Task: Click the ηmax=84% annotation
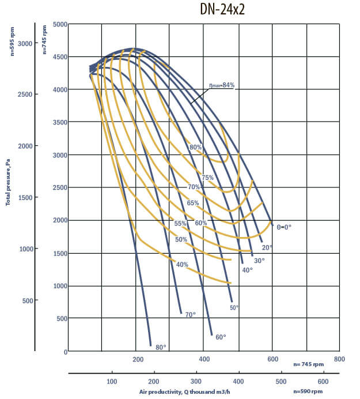(222, 85)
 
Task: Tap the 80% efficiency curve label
(195, 147)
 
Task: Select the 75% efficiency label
(207, 178)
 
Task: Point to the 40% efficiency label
(182, 265)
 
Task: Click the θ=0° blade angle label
(283, 227)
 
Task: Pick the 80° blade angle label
(161, 347)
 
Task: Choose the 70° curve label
(190, 314)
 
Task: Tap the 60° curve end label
(221, 337)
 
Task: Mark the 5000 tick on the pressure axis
(60, 24)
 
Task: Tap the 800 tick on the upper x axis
(339, 359)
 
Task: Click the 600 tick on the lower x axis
(323, 382)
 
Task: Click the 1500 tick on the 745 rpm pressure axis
(60, 254)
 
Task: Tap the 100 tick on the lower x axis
(112, 382)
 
